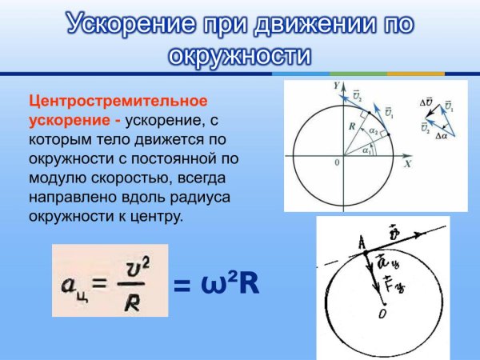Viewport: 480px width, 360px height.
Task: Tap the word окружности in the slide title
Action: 240,56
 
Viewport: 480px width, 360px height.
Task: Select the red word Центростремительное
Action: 118,102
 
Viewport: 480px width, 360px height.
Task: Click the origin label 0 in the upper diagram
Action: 337,162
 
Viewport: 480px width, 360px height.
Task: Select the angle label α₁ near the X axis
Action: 366,149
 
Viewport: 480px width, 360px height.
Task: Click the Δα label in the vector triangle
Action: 441,136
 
